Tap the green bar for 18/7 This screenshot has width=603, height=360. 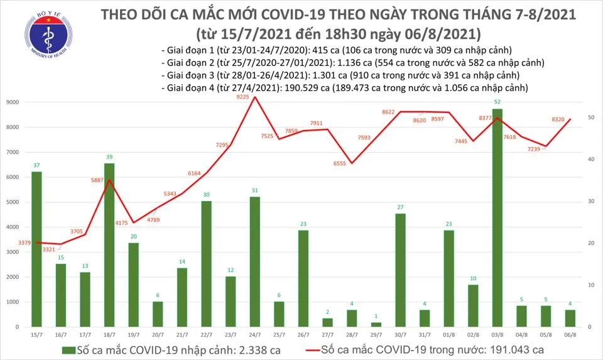109,245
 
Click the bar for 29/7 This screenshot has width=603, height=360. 375,324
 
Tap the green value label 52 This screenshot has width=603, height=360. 497,102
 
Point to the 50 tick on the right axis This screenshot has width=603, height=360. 592,117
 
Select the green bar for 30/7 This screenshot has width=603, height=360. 399,270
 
